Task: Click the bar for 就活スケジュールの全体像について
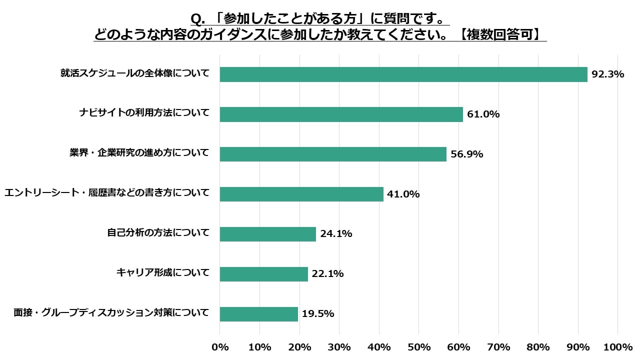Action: pyautogui.click(x=403, y=74)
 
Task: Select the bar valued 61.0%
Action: pyautogui.click(x=341, y=114)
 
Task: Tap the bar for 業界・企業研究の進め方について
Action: pyautogui.click(x=333, y=154)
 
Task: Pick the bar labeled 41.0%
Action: pyautogui.click(x=301, y=194)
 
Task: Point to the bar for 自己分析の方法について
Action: pyautogui.click(x=267, y=234)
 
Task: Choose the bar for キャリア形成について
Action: pyautogui.click(x=263, y=274)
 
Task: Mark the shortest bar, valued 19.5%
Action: pyautogui.click(x=258, y=314)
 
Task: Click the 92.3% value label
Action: pyautogui.click(x=607, y=74)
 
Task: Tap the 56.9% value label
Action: pyautogui.click(x=466, y=154)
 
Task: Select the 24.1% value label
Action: pyautogui.click(x=336, y=234)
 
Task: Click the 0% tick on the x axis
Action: pyautogui.click(x=220, y=347)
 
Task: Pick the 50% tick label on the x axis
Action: pyautogui.click(x=419, y=347)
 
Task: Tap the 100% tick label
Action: pyautogui.click(x=618, y=347)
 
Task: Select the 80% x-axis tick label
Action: pyautogui.click(x=538, y=347)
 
